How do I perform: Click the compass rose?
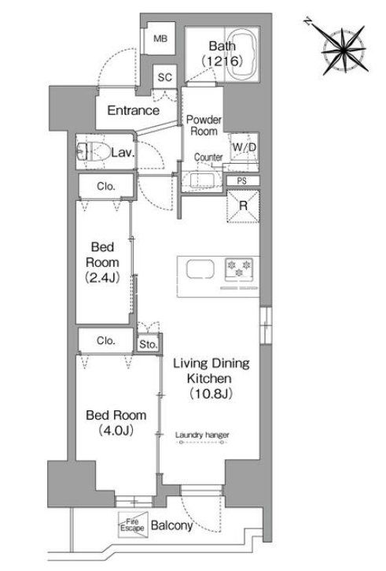(x=343, y=49)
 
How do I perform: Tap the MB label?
(x=160, y=39)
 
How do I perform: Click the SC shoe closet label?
(x=165, y=77)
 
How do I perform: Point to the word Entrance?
(x=134, y=110)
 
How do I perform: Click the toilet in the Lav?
(x=94, y=152)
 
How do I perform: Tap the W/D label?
(x=244, y=147)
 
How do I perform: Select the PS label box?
(x=243, y=180)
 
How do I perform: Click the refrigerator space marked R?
(x=243, y=206)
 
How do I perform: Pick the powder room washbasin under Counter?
(x=198, y=180)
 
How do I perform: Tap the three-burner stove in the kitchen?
(x=239, y=269)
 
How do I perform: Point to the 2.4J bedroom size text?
(x=102, y=278)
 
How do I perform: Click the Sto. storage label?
(x=149, y=344)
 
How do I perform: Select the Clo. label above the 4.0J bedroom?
(x=106, y=340)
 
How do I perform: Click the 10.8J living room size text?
(x=211, y=393)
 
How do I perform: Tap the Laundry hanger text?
(x=202, y=435)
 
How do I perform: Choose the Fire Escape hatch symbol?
(x=133, y=525)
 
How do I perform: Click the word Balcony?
(x=171, y=525)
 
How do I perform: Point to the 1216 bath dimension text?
(x=222, y=61)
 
